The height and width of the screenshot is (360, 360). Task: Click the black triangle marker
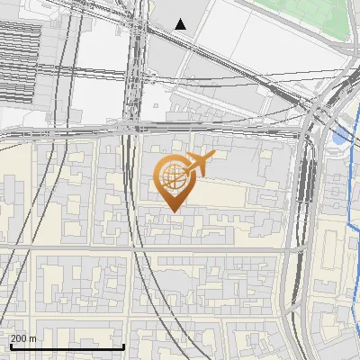point(181,24)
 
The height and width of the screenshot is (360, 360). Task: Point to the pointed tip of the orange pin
point(171,211)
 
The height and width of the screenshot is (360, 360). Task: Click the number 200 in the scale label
point(20,338)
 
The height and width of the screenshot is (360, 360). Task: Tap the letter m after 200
point(33,338)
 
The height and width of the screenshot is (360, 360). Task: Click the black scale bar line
point(67,346)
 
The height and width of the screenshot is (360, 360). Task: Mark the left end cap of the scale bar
point(11,346)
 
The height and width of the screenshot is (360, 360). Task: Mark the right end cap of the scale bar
point(123,346)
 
